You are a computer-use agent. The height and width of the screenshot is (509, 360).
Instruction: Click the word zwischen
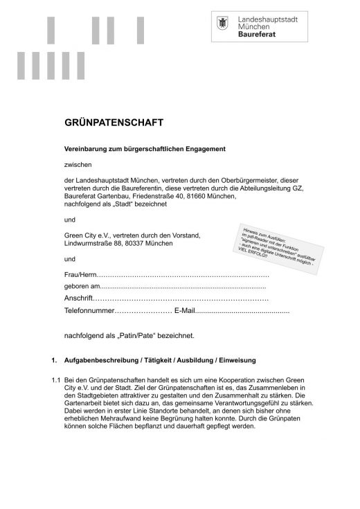tap(77, 164)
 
